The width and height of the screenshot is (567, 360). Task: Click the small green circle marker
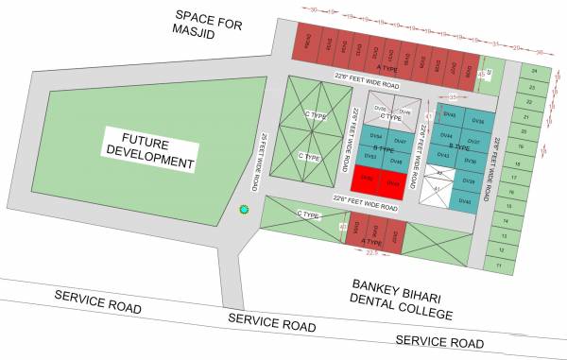tap(244, 209)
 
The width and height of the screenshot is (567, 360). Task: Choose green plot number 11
tap(497, 266)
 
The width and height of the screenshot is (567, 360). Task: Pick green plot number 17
tap(513, 177)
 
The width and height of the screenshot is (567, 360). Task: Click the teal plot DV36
tap(477, 122)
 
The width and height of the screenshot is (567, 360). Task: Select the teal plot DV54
tap(376, 136)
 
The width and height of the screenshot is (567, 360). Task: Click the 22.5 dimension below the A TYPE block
tap(372, 252)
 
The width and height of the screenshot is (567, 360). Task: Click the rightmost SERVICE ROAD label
tap(438, 340)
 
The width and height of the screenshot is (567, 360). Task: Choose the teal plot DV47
tap(400, 142)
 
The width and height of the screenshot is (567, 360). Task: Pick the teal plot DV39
tap(469, 180)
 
